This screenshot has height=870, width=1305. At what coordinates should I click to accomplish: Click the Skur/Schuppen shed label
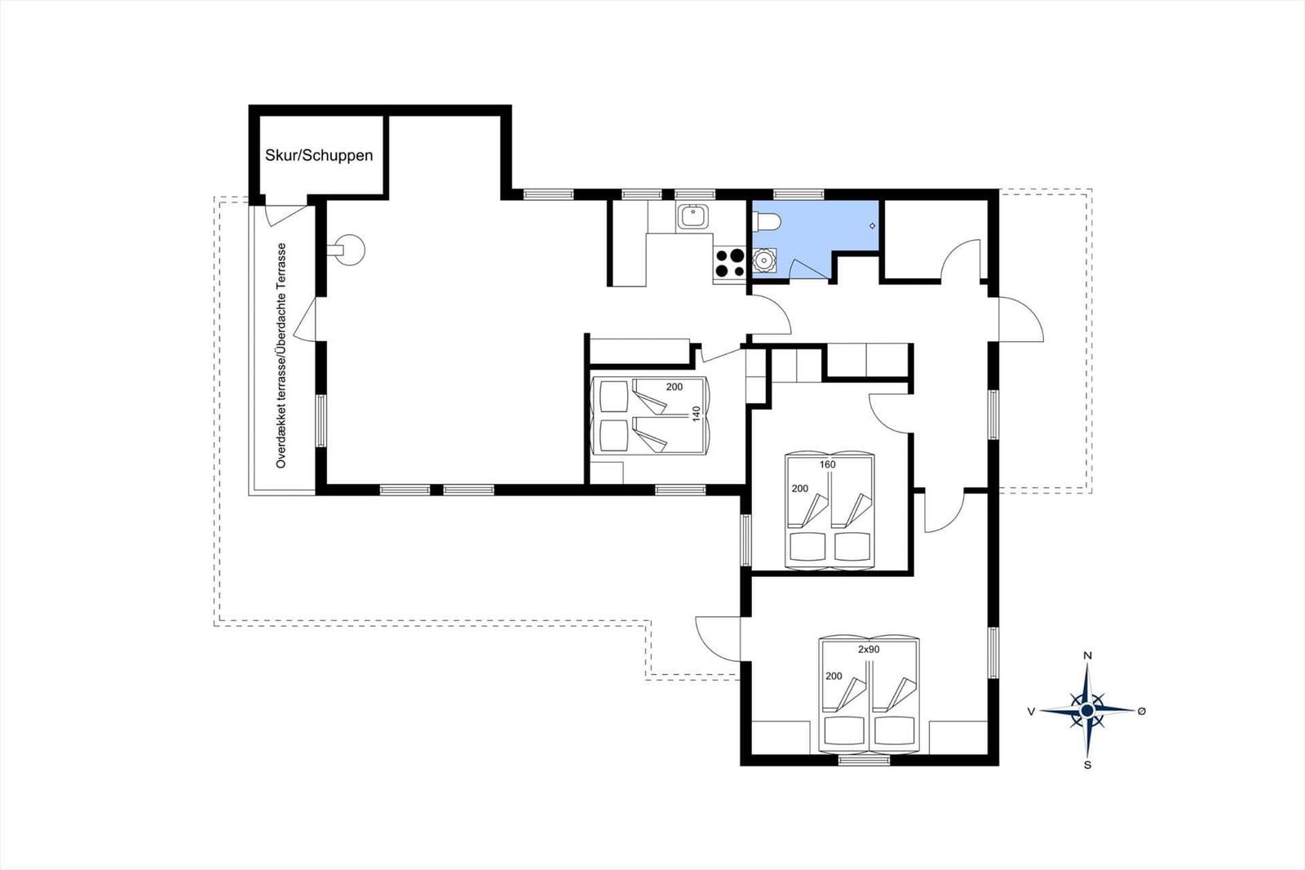point(319,156)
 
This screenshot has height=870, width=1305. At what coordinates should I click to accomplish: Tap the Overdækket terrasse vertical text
point(281,356)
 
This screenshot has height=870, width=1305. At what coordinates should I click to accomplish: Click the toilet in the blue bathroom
point(766,222)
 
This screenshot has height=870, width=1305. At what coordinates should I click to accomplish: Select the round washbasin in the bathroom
point(763,260)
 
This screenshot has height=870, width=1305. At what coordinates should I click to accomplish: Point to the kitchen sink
point(692,217)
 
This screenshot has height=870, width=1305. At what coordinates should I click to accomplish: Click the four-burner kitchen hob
point(729,263)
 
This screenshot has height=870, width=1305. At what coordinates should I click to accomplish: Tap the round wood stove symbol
point(348,251)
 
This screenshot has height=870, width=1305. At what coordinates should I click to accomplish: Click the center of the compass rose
point(1087,710)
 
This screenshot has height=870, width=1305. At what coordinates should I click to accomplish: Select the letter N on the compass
point(1087,655)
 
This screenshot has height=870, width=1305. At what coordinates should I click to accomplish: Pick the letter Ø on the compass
point(1142,711)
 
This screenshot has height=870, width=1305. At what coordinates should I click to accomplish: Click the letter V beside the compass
point(1031,712)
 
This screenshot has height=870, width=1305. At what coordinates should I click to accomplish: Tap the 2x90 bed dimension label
point(869,649)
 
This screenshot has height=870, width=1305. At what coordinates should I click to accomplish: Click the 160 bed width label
point(827,464)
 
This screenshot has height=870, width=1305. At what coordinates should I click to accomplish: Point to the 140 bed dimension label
point(696,414)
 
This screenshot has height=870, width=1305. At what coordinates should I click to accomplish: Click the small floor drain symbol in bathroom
point(872,226)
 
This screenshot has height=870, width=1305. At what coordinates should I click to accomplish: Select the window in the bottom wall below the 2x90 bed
point(865,760)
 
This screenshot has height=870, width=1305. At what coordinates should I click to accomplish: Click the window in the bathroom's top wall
point(798,194)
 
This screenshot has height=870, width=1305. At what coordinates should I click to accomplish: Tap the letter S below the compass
point(1087,765)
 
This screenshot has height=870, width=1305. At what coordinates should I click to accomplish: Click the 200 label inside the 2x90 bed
point(834,676)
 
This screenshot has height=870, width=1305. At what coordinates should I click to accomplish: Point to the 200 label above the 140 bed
point(674,387)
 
